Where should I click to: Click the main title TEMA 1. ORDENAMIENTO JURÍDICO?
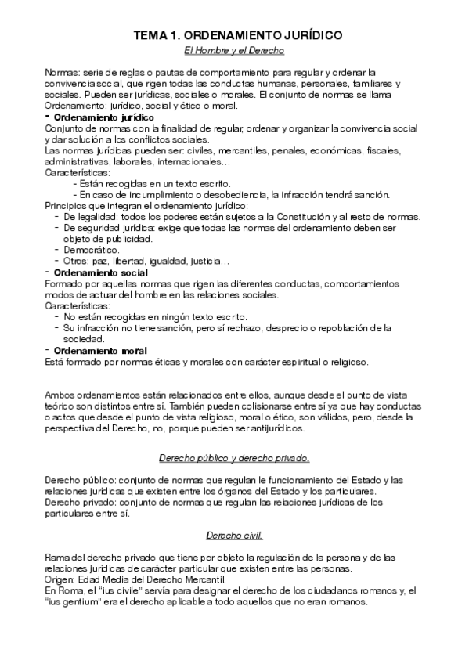234,36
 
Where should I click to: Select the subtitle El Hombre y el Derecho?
234,51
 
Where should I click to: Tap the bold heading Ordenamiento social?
95,272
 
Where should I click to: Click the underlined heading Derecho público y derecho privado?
234,456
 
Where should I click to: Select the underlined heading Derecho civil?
234,536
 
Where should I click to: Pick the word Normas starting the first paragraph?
63,72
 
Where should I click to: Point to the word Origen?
60,579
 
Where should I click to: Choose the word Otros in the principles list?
77,261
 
